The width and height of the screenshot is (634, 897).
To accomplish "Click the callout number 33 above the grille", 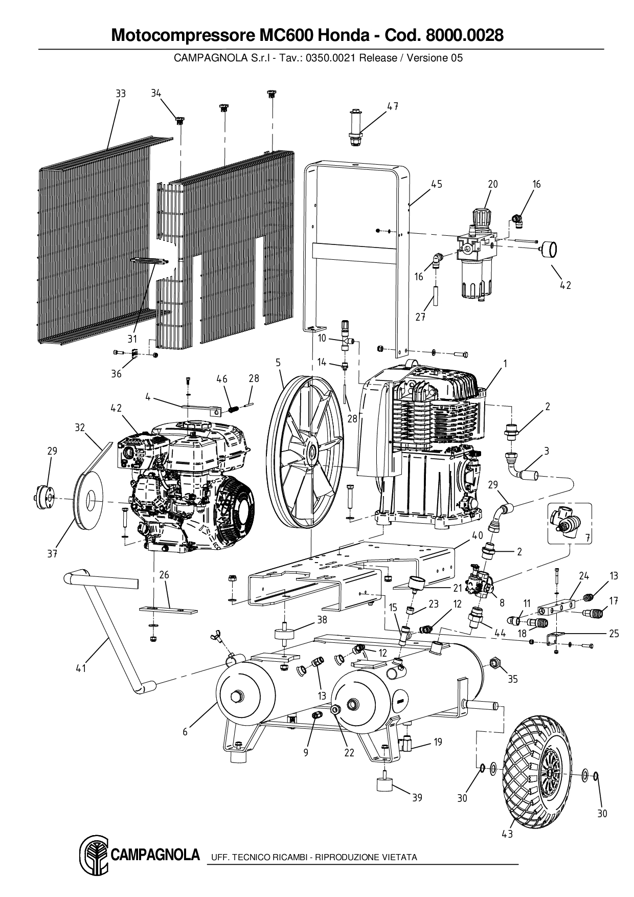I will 120,94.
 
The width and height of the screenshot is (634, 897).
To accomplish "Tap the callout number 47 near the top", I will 392,106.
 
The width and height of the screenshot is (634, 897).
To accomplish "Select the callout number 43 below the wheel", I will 507,834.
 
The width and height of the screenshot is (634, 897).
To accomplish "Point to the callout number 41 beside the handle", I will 81,668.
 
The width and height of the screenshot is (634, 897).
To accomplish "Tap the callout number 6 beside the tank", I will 185,732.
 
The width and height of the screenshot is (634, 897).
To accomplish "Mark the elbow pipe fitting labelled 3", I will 524,469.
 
